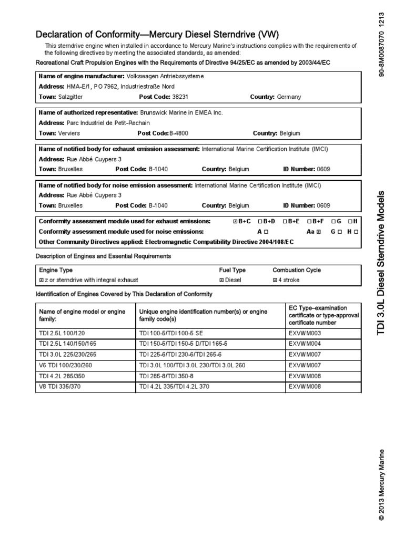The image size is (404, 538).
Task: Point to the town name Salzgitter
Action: pos(70,97)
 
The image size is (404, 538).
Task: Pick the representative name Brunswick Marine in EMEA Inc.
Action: pos(181,112)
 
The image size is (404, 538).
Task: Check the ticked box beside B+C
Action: pos(235,222)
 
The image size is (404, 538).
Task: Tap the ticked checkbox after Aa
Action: pos(318,232)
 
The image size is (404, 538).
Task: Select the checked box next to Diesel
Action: pos(221,280)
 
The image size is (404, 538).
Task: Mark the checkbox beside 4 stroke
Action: pos(275,280)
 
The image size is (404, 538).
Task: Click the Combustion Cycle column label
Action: pos(296,270)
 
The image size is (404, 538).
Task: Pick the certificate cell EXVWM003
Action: pos(305,333)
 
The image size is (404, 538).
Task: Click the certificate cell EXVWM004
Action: pos(305,344)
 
